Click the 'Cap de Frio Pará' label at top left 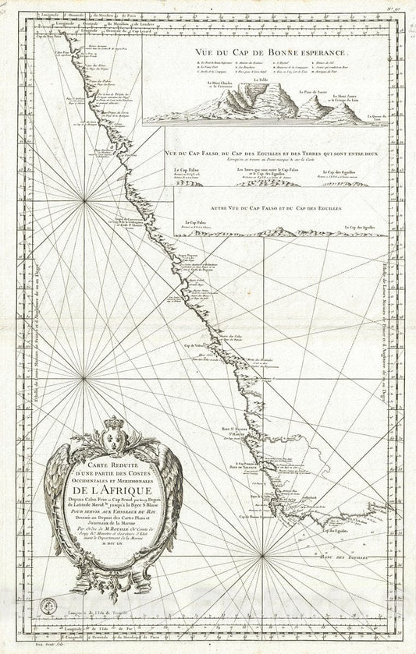[52, 38]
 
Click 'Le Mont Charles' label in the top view [220, 103]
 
